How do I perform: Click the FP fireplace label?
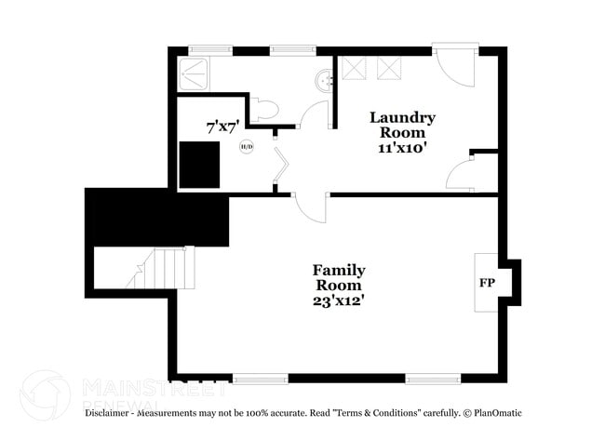click(486, 282)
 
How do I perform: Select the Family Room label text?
click(338, 277)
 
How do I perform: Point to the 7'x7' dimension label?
click(222, 124)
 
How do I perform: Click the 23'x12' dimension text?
click(338, 300)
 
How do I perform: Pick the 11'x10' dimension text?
click(402, 148)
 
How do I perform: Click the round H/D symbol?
click(247, 146)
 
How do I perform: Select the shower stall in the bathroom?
click(195, 72)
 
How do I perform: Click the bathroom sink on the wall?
click(324, 81)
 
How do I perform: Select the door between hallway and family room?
click(312, 206)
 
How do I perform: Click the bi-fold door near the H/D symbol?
click(282, 167)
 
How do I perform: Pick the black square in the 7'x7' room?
click(199, 165)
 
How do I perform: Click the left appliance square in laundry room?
click(354, 69)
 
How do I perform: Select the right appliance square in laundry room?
click(388, 69)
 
